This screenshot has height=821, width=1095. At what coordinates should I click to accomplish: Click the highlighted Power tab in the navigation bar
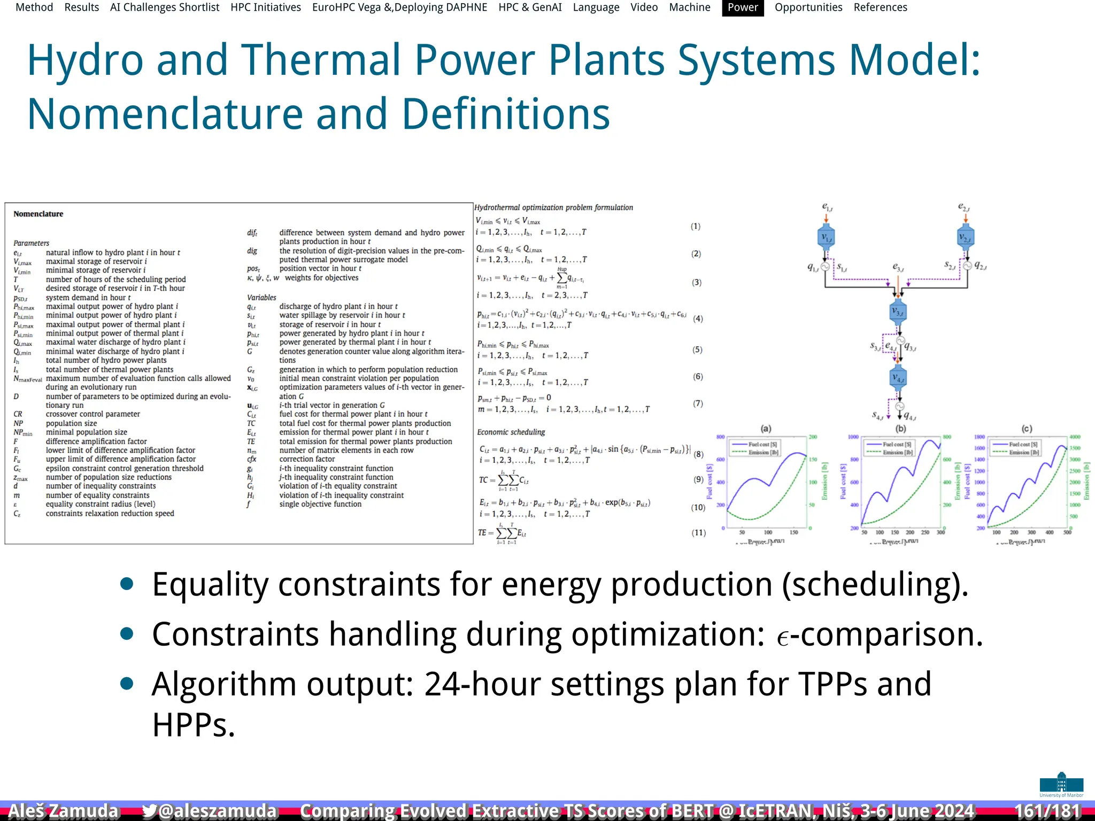pyautogui.click(x=742, y=7)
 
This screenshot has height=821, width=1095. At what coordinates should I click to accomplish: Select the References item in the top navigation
pyautogui.click(x=880, y=7)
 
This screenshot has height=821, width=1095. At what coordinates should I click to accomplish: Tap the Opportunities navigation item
pyautogui.click(x=808, y=7)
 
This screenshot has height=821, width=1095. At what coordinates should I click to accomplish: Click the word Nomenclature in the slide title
pyautogui.click(x=165, y=114)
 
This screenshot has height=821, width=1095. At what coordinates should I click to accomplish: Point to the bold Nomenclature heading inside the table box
pyautogui.click(x=38, y=214)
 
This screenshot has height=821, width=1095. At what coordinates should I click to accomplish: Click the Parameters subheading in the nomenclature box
pyautogui.click(x=31, y=243)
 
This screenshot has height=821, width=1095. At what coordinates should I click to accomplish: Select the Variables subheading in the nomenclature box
pyautogui.click(x=261, y=297)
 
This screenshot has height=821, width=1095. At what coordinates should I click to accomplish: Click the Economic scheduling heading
pyautogui.click(x=511, y=432)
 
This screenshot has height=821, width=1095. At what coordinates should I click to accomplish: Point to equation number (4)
pyautogui.click(x=698, y=319)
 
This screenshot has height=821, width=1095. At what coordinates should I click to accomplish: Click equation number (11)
pyautogui.click(x=699, y=532)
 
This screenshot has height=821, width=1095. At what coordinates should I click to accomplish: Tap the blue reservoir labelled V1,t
pyautogui.click(x=826, y=237)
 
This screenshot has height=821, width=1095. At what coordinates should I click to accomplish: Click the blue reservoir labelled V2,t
pyautogui.click(x=965, y=237)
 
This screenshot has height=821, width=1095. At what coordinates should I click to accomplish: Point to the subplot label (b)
pyautogui.click(x=900, y=429)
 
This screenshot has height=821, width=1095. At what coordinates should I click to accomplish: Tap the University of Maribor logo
pyautogui.click(x=1061, y=785)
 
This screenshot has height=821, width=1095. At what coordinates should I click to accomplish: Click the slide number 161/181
pyautogui.click(x=1047, y=811)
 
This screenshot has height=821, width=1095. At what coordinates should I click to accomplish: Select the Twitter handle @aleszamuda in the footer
pyautogui.click(x=210, y=811)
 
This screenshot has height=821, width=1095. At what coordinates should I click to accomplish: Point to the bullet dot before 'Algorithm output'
pyautogui.click(x=127, y=684)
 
